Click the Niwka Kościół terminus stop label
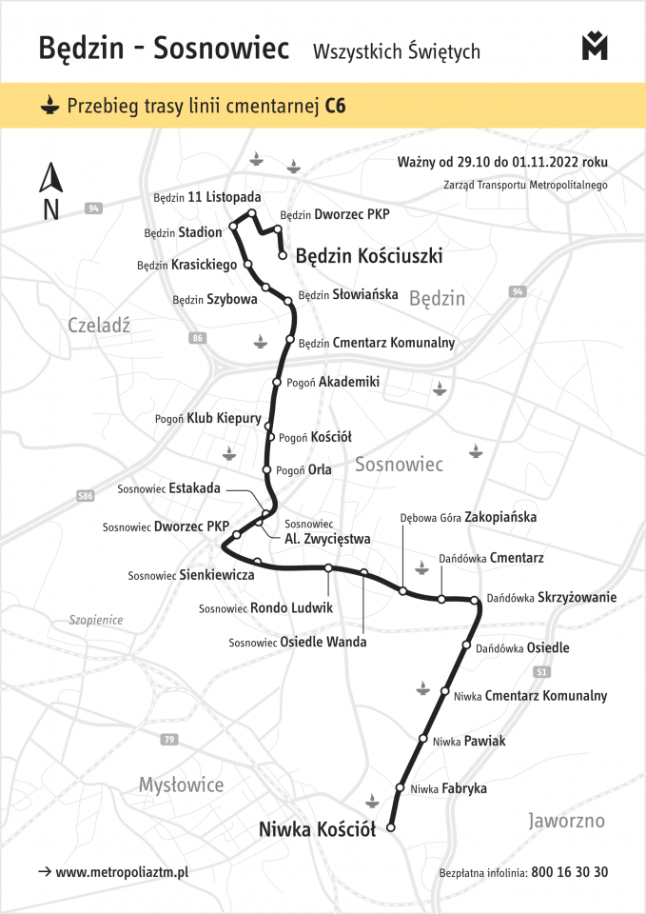click(x=317, y=830)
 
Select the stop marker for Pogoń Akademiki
click(x=277, y=383)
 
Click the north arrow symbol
click(x=50, y=178)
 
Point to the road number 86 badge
click(x=197, y=338)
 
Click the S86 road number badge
click(x=87, y=496)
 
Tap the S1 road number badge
click(x=541, y=672)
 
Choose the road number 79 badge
click(x=169, y=740)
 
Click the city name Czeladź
click(x=99, y=325)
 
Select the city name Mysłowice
click(x=181, y=785)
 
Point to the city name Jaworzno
click(x=566, y=821)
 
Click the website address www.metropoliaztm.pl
click(x=122, y=872)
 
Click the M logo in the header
click(x=595, y=47)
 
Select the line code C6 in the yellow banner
click(x=335, y=105)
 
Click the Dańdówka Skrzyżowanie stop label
click(x=551, y=598)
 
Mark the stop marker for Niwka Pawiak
click(x=424, y=738)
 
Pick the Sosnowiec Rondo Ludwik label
click(x=265, y=607)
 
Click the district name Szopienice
click(x=96, y=620)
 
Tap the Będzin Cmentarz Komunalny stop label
click(x=377, y=343)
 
